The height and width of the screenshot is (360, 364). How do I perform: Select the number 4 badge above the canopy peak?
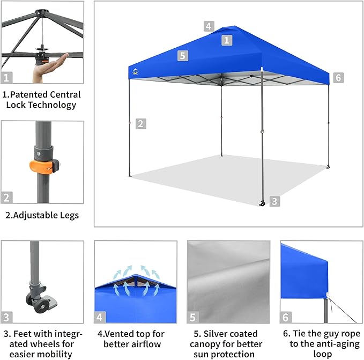point(209,26)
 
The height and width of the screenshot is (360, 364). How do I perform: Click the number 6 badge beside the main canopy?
point(338,78)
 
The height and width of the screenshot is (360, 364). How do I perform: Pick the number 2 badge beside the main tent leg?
point(140,123)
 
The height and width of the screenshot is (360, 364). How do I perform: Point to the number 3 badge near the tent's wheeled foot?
point(274,202)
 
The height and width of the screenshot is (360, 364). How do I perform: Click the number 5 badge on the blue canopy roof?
point(183,55)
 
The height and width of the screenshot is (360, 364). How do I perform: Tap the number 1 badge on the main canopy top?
point(227,40)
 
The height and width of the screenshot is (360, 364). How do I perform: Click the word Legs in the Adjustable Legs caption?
point(66,215)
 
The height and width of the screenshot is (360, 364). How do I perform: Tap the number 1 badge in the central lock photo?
point(7,77)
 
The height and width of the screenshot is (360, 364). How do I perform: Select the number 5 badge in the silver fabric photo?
point(193,317)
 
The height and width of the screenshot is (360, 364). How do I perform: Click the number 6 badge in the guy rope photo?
point(286,317)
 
